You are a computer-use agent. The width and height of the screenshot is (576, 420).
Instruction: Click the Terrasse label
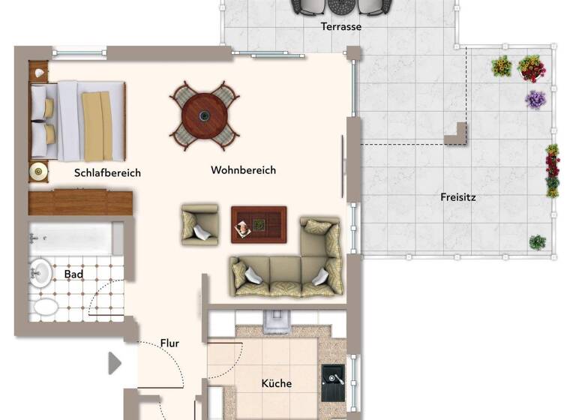click(x=341, y=26)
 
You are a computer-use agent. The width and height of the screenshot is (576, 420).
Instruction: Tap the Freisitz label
click(x=458, y=198)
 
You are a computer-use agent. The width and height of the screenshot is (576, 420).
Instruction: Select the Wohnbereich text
click(x=243, y=170)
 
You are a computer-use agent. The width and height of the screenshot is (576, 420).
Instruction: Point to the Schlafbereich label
click(x=107, y=172)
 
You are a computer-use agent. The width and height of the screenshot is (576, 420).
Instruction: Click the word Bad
click(x=73, y=274)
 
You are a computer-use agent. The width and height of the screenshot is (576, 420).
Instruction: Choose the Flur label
click(x=169, y=343)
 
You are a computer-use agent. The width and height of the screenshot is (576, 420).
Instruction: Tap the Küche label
click(x=276, y=383)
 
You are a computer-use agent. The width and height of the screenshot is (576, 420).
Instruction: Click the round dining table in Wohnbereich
click(x=205, y=115)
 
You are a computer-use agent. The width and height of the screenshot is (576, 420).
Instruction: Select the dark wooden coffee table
click(x=259, y=224)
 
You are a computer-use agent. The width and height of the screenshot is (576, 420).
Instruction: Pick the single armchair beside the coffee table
click(x=199, y=225)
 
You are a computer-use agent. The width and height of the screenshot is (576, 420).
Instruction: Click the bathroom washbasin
click(x=40, y=272)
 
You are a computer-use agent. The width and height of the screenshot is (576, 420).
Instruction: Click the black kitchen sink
click(x=332, y=383)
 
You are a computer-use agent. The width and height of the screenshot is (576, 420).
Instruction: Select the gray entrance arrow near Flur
click(x=115, y=364)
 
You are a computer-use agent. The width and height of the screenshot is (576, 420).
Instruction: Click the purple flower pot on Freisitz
click(x=535, y=99)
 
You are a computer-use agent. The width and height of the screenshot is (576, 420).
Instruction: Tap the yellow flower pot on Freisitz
click(x=501, y=67)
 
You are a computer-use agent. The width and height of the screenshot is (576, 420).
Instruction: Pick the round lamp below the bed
click(x=38, y=172)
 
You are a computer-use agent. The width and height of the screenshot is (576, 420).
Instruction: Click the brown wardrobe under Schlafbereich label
click(x=80, y=202)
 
